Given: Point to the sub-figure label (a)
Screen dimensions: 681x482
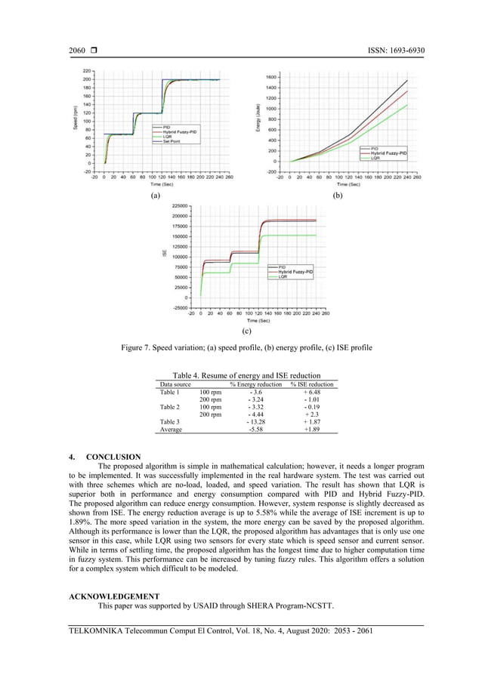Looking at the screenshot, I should [156, 195].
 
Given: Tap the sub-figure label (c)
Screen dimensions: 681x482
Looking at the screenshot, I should [246, 331].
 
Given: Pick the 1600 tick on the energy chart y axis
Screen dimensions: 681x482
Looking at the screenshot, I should [270, 77].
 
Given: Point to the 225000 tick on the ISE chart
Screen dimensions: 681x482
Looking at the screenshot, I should [179, 205].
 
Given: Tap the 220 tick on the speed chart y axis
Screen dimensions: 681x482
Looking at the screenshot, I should [87, 71].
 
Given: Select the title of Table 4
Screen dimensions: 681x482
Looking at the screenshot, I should [246, 375].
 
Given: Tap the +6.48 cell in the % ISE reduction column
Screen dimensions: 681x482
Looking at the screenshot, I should [312, 393].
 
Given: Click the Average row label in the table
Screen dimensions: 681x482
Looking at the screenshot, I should [171, 429].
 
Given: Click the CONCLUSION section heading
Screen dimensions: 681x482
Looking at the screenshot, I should [113, 457].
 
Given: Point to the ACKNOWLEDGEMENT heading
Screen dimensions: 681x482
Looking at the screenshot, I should [113, 596].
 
